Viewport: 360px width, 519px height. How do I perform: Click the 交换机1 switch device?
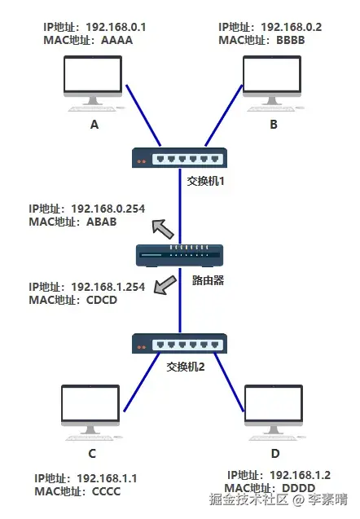(180, 158)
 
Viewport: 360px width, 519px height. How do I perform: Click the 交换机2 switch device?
(180, 344)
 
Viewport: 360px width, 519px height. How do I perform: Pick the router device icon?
(180, 256)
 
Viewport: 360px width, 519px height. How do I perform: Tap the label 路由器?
(209, 280)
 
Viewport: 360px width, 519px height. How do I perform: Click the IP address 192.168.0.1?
(116, 27)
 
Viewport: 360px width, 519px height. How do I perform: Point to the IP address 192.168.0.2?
(292, 27)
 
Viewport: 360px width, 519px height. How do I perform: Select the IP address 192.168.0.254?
(108, 209)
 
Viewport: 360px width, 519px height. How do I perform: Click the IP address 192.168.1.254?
(108, 287)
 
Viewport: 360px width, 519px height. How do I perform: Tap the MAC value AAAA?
(116, 40)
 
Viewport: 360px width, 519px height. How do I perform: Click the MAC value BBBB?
(291, 40)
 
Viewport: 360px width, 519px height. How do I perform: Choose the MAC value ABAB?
(102, 222)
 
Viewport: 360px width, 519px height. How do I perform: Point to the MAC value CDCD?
(102, 300)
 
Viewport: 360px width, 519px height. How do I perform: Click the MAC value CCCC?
(106, 491)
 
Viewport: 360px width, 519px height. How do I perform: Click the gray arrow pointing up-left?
(162, 229)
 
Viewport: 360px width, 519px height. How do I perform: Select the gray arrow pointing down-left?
(165, 285)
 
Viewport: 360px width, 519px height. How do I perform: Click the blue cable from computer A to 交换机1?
(143, 116)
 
